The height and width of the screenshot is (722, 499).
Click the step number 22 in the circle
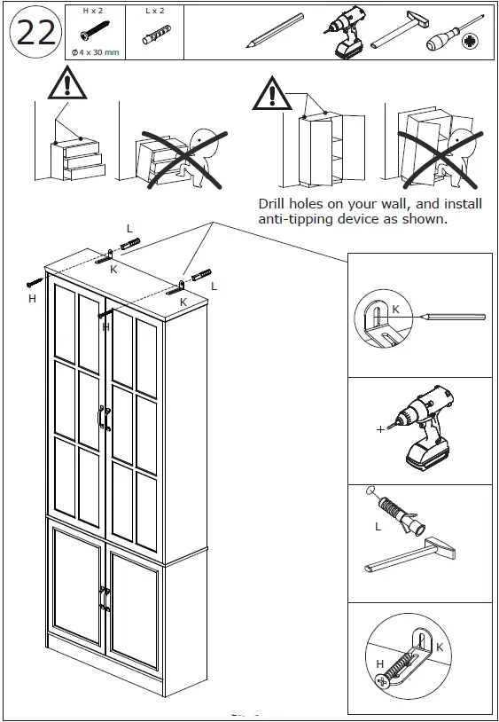[x=33, y=33]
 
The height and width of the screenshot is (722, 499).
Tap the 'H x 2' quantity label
[x=92, y=12]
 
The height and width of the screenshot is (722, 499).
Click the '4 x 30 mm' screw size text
[x=98, y=52]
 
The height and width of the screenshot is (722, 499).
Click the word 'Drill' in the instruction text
[x=275, y=203]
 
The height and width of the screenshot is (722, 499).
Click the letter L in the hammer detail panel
[x=378, y=527]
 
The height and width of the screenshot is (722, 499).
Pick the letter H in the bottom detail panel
[x=379, y=664]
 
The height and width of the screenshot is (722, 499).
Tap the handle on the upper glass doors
[x=105, y=417]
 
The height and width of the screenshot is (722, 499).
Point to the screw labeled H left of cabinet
[x=34, y=282]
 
